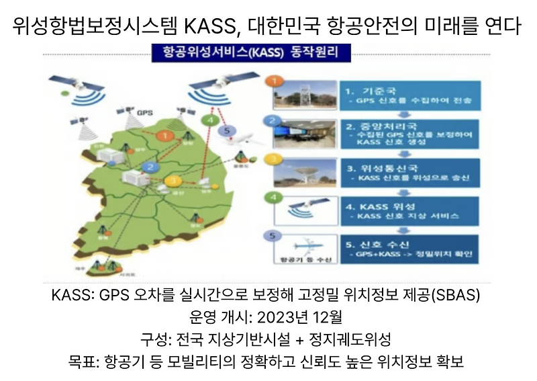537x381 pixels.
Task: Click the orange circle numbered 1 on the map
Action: [162, 136]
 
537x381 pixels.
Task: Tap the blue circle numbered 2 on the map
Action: [152, 167]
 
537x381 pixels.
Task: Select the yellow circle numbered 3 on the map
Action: [174, 181]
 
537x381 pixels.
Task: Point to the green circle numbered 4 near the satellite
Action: [211, 121]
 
